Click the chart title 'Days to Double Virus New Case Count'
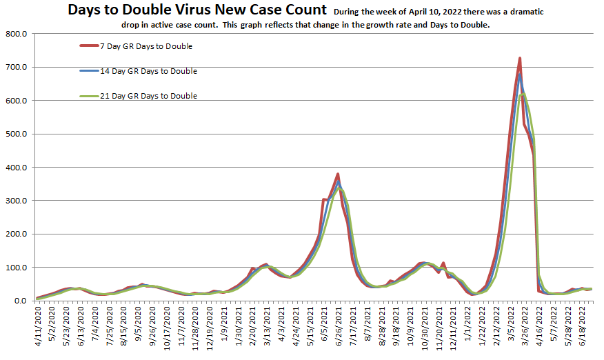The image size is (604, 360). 197,10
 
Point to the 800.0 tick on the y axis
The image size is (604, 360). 15,34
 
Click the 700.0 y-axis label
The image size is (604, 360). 15,67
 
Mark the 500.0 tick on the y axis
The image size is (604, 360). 15,134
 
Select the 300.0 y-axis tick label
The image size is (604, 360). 15,201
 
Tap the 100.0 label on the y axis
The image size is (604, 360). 15,268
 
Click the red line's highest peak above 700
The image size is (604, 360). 519,58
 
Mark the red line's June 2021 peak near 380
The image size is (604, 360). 338,174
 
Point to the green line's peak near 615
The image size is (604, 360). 523,94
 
